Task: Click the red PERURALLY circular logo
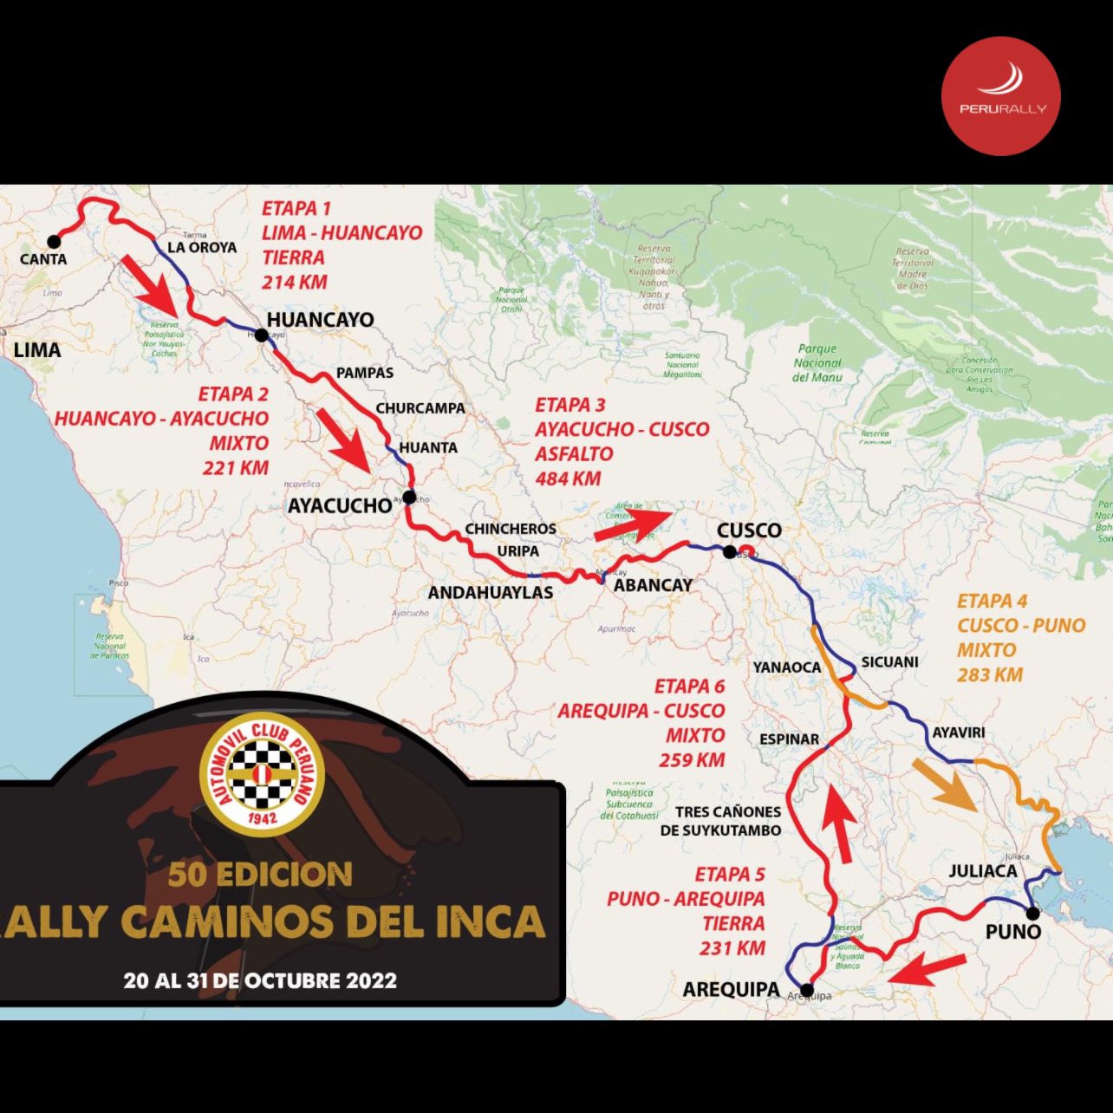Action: (x=1001, y=96)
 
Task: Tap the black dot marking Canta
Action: (x=54, y=241)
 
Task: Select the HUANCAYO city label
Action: (x=320, y=320)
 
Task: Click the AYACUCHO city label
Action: (x=339, y=505)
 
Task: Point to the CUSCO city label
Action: (x=749, y=530)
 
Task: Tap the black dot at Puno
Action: (x=1032, y=913)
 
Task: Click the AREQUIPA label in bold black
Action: (x=731, y=989)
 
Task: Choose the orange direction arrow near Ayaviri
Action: (x=947, y=785)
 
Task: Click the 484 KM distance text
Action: (x=568, y=478)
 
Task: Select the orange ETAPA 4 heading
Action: (x=993, y=601)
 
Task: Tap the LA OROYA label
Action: (x=202, y=247)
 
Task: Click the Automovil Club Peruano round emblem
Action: (x=262, y=774)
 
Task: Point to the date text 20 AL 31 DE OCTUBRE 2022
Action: (x=260, y=980)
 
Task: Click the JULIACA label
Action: (x=982, y=871)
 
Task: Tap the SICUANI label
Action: (x=889, y=662)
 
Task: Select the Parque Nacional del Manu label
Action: (x=817, y=363)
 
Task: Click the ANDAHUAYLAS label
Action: (x=491, y=593)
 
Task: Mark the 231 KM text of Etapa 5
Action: (x=732, y=948)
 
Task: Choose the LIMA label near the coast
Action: (x=37, y=350)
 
